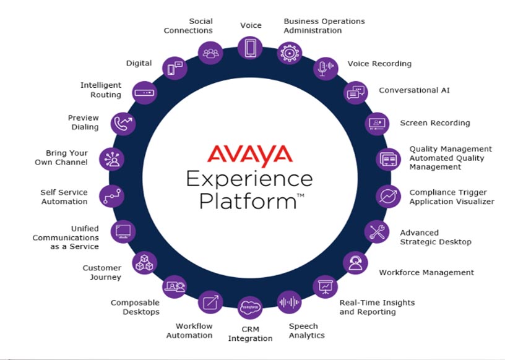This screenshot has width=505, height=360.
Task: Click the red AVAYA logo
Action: pos(249,153)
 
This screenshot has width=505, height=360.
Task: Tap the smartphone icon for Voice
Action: pos(250,48)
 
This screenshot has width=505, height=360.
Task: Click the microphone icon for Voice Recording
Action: pos(325,68)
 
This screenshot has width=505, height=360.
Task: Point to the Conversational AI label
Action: pos(414,90)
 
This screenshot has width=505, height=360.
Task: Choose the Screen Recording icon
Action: pos(376,123)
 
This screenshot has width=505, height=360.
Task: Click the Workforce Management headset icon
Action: pos(355,262)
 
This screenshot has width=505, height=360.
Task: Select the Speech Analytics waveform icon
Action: pos(289,302)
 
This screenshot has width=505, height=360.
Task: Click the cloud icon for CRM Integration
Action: pos(250,307)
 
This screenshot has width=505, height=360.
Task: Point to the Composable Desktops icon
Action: pos(174,286)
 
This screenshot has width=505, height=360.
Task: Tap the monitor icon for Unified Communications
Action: pos(122,231)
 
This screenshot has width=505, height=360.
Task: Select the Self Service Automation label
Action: pos(64,197)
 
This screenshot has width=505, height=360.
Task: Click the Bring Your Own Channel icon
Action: pos(112,159)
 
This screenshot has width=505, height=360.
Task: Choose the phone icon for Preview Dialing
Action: pos(123,123)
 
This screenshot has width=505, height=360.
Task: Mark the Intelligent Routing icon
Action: pos(145,93)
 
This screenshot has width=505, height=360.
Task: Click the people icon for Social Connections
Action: pos(210,53)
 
